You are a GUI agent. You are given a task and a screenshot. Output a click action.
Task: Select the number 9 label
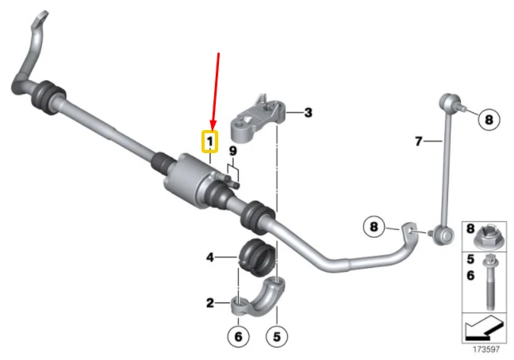click(x=233, y=151)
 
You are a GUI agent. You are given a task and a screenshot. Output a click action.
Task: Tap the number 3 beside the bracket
click(x=308, y=113)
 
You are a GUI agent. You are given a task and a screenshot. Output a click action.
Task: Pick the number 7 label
click(x=418, y=142)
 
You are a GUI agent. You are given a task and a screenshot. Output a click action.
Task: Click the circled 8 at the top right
click(x=489, y=120)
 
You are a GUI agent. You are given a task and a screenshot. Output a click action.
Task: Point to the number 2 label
click(x=210, y=302)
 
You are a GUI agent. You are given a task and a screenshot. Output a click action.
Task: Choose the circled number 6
click(x=236, y=336)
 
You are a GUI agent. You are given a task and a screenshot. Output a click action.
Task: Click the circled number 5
click(x=276, y=336)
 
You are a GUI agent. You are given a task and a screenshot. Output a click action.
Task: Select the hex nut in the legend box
click(x=485, y=236)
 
